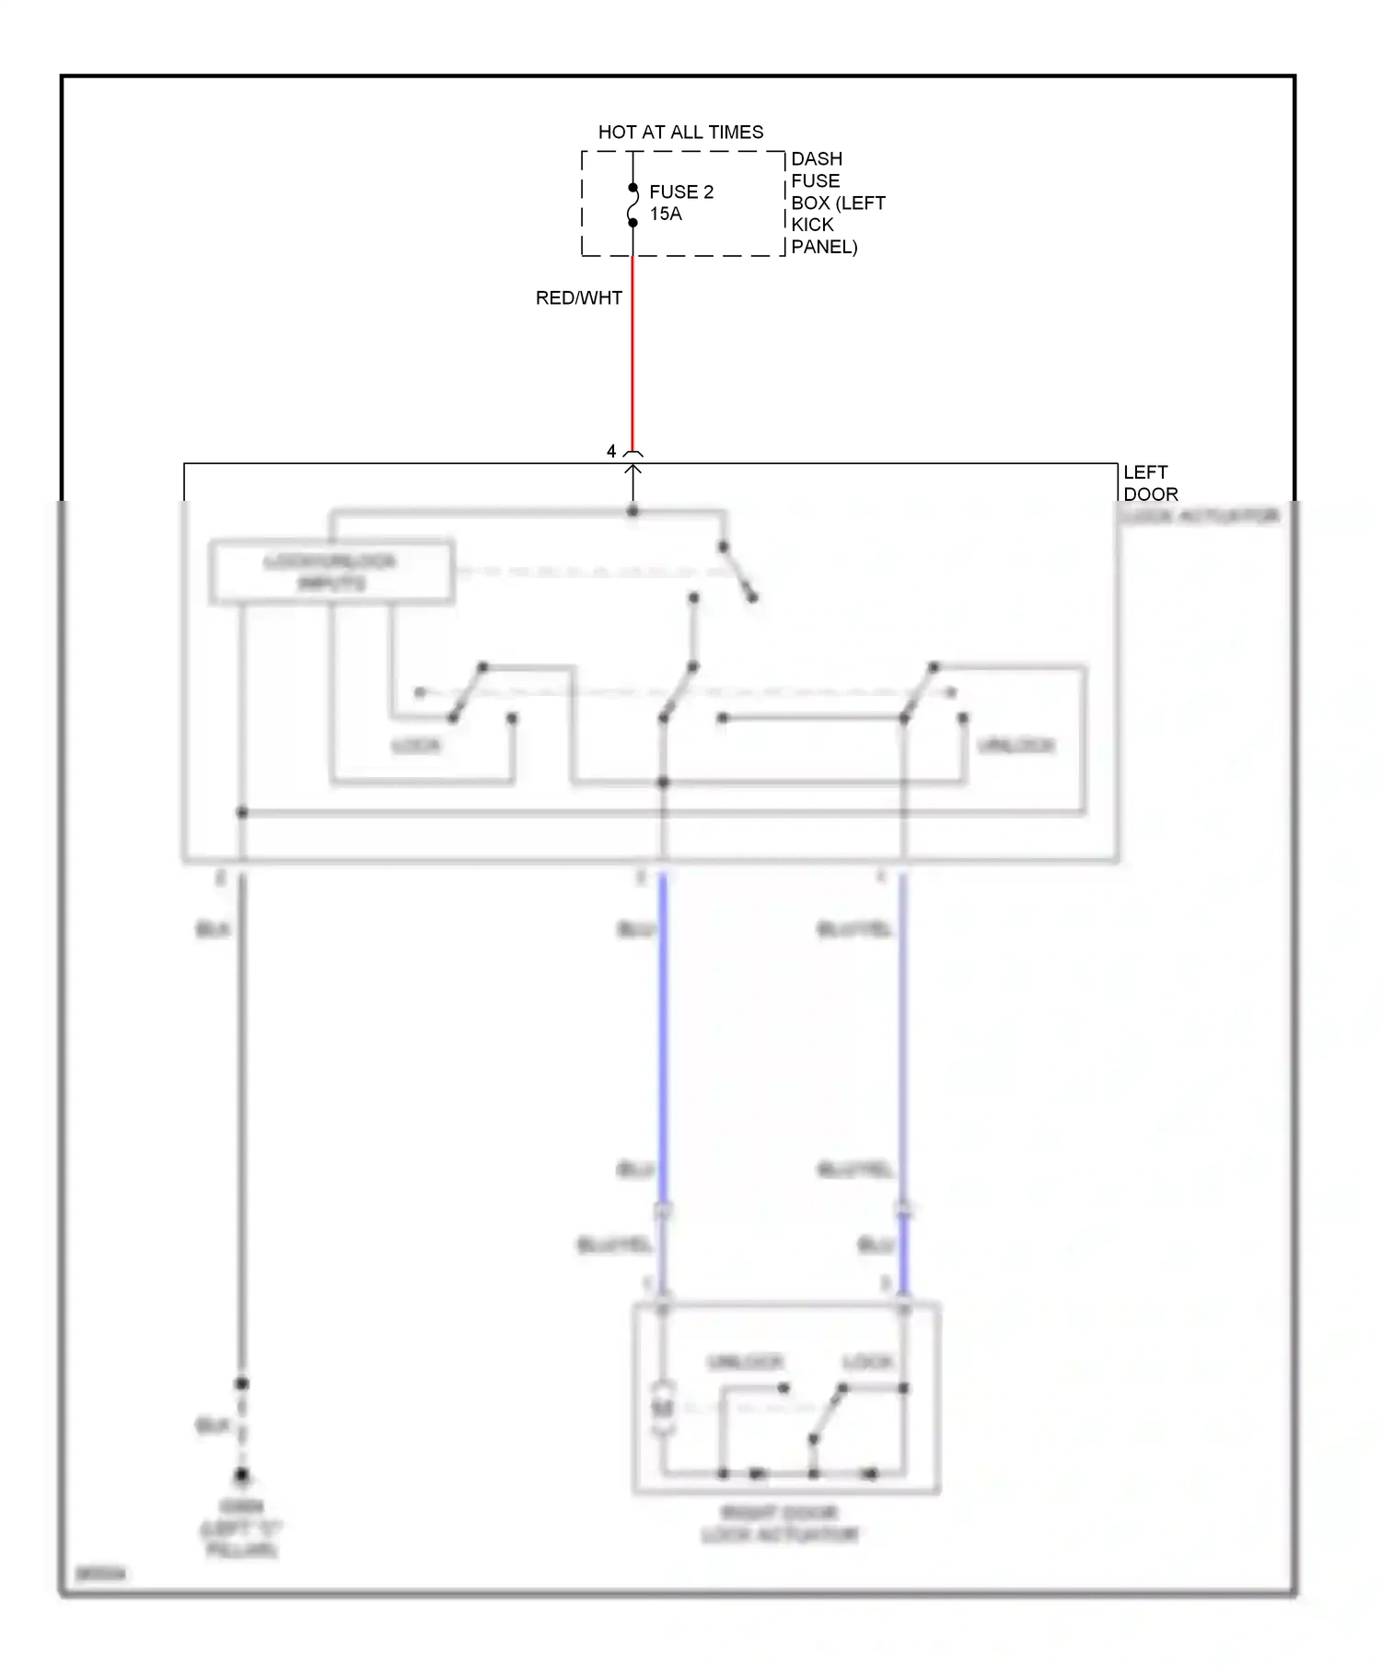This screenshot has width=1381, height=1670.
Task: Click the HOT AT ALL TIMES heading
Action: click(x=680, y=133)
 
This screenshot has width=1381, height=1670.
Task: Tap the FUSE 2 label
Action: click(x=681, y=191)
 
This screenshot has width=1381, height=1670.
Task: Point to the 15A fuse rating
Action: click(x=666, y=214)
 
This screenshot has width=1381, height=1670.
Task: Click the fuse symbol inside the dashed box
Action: click(x=632, y=205)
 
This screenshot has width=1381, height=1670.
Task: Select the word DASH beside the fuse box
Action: click(x=817, y=159)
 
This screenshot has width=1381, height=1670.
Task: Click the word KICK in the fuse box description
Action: click(x=812, y=225)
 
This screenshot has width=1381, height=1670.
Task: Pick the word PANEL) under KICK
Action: click(x=824, y=247)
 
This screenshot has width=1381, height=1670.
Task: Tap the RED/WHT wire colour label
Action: click(x=579, y=298)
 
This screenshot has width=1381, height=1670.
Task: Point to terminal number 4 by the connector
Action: click(x=611, y=451)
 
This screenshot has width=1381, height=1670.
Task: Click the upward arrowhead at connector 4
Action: click(x=632, y=470)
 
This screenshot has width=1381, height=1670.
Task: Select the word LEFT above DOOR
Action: click(x=1145, y=472)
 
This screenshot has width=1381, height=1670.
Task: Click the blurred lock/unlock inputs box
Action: click(x=331, y=572)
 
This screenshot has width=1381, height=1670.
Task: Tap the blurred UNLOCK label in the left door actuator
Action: click(x=1016, y=745)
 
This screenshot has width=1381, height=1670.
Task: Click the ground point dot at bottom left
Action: click(x=242, y=1475)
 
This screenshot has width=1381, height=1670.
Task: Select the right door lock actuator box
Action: click(x=785, y=1397)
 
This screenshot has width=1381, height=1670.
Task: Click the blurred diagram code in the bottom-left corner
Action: click(x=100, y=1574)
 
